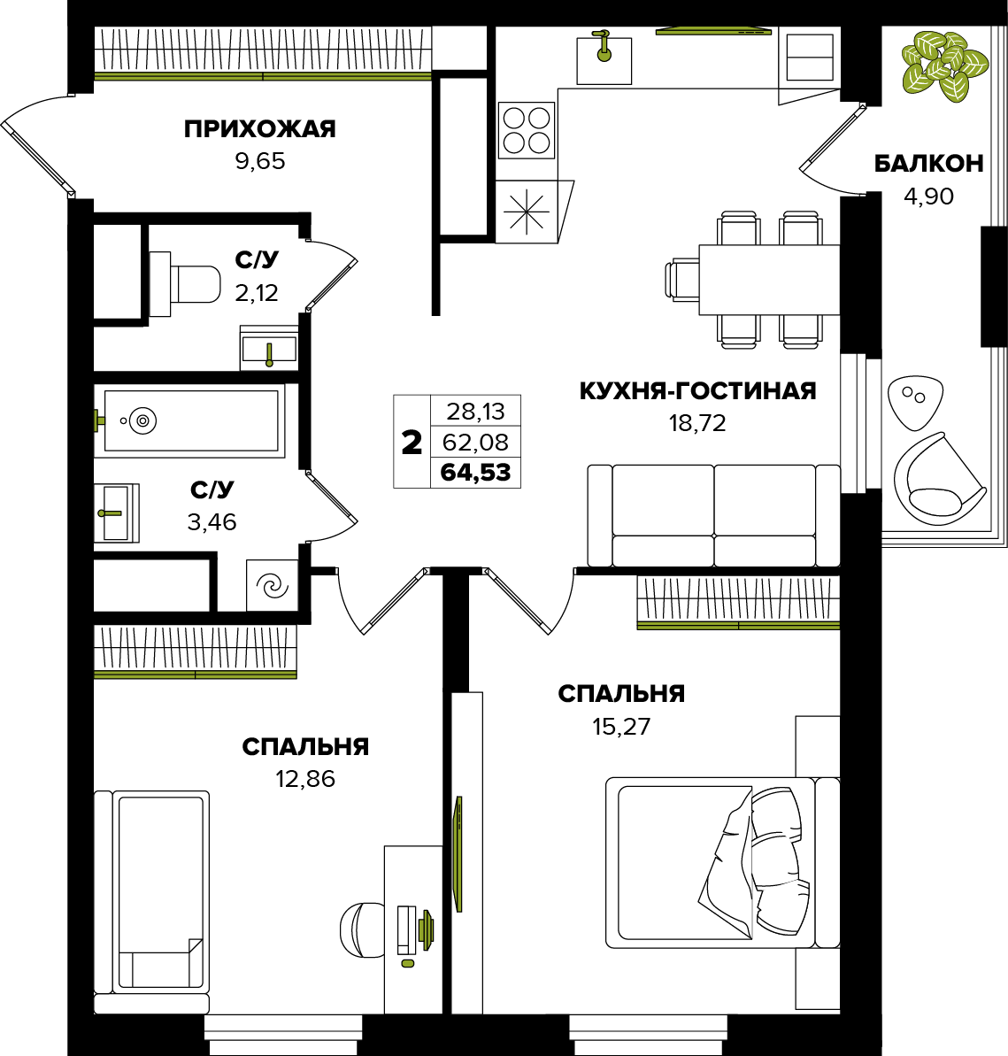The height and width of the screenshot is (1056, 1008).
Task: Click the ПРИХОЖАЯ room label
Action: coord(260,128)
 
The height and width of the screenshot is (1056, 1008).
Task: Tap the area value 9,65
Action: coord(260,162)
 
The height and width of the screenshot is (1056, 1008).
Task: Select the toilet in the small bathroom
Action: coord(185,284)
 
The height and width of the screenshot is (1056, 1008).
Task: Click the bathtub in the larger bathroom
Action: coord(190,421)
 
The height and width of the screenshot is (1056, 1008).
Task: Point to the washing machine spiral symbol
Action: coord(273,585)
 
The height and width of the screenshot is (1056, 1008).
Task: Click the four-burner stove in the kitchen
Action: coord(527,131)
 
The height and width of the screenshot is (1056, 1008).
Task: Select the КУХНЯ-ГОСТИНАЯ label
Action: coord(697,390)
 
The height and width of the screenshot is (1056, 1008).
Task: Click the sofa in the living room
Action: coord(714,515)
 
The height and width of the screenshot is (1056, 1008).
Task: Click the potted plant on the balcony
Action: coord(944,66)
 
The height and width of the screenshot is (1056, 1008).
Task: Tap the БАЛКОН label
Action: coord(928,164)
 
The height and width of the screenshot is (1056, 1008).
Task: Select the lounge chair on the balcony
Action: coord(939,479)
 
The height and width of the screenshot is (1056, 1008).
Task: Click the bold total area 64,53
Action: coord(475,473)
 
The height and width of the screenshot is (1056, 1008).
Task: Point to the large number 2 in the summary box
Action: coord(412,443)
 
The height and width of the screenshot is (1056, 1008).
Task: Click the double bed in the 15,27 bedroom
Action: coord(722,863)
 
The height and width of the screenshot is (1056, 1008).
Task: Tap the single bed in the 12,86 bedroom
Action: coord(151,902)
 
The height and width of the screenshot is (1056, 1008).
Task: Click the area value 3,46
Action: coord(212,522)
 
